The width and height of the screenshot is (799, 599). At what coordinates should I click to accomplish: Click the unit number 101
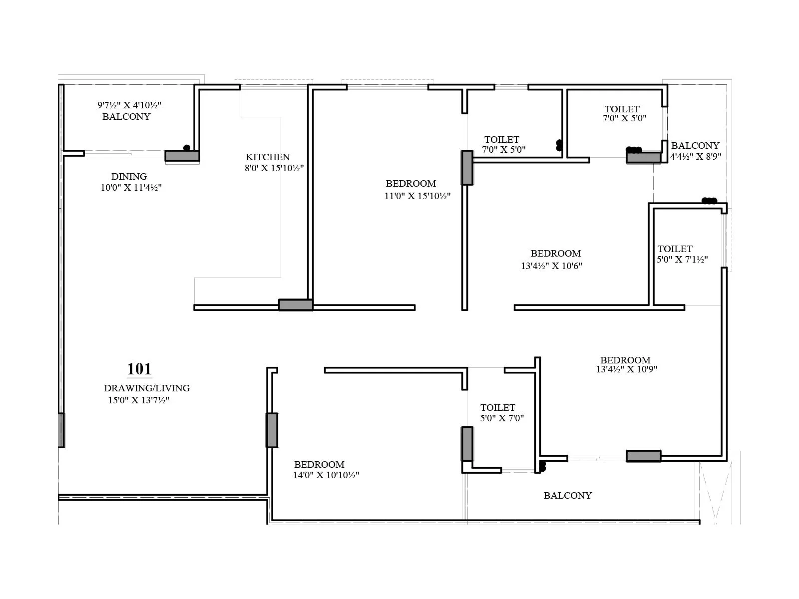coord(139,369)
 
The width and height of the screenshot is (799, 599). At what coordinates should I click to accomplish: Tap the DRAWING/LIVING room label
coord(147,388)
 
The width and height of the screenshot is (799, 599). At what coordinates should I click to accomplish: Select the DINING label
coord(129,176)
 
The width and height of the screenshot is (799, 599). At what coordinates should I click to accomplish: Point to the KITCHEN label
coord(268,157)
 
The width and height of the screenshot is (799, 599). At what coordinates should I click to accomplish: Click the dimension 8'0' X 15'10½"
coord(274,168)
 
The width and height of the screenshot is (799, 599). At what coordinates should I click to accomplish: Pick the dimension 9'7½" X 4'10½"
coord(129,105)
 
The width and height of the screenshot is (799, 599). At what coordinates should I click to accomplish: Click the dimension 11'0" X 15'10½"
coord(417,196)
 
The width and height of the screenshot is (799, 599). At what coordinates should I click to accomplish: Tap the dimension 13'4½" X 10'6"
coord(551,266)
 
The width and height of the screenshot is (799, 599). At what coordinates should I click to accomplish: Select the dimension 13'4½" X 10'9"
coord(626,369)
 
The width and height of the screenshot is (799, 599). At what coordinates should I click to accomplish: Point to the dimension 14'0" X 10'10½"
coord(326,475)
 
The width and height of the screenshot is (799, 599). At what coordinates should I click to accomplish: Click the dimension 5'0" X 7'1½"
coord(682,259)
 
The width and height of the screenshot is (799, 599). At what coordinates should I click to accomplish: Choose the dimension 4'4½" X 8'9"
coord(696,156)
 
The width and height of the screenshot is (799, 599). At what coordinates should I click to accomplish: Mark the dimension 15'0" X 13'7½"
coord(139,400)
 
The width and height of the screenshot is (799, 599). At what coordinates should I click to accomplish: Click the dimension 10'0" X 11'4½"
coord(131,187)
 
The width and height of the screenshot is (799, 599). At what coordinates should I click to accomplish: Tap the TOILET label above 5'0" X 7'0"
coord(497,407)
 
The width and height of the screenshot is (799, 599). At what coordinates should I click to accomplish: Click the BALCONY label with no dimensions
coord(567,495)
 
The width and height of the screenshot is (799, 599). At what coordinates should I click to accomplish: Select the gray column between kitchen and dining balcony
coord(182,156)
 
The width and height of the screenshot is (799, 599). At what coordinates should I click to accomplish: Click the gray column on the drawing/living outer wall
coord(61,430)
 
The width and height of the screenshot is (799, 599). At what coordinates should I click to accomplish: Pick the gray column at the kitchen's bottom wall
coord(296,305)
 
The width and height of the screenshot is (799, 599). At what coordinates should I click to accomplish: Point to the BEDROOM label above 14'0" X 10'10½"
coord(319,464)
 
